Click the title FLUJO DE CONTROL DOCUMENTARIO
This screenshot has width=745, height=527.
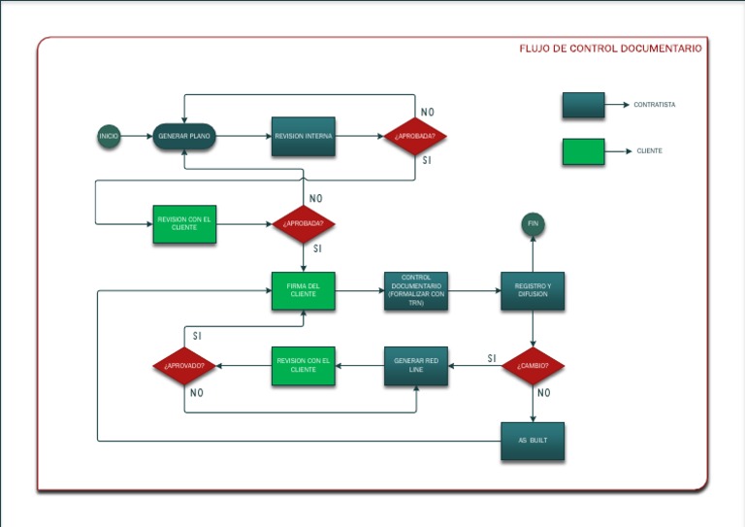610,48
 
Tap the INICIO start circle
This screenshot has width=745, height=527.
109,137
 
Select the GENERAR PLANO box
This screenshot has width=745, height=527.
184,137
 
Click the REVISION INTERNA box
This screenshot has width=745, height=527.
304,137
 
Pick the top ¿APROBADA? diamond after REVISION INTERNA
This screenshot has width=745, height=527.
415,137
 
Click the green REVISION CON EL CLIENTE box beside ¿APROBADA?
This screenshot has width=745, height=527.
184,223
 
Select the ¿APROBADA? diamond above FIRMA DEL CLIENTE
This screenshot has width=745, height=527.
304,223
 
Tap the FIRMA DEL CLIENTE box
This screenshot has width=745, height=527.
304,290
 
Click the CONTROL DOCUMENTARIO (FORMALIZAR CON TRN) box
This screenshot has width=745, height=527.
416,290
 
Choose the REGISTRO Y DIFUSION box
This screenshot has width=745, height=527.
533,290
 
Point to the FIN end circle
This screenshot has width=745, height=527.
532,224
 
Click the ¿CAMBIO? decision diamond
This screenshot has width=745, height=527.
533,366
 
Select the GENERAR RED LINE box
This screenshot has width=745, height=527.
416,366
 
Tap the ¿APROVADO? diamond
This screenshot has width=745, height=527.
184,366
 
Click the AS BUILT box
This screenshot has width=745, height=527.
533,441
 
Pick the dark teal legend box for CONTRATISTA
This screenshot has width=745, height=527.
583,105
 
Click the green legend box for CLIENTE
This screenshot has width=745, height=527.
583,151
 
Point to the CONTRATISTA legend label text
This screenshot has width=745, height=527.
655,105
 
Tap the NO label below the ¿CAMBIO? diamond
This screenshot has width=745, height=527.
543,393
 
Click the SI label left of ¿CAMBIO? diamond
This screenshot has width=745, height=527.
492,358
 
